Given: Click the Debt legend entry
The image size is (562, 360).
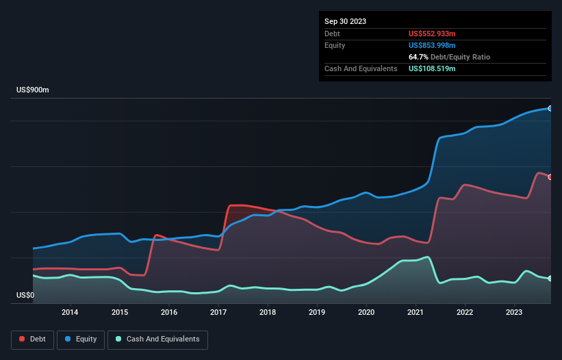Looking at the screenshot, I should pos(32,339).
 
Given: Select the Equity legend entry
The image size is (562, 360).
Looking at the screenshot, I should pos(81,339).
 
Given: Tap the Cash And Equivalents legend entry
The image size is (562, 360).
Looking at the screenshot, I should pos(157,339).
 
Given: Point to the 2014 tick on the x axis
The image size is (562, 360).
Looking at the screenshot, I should pos(70,313).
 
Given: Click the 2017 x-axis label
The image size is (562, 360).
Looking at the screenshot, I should pos(218,313).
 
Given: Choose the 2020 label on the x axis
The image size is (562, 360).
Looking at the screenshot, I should pos(366,313).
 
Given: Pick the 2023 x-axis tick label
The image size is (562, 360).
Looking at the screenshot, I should pos(514,313).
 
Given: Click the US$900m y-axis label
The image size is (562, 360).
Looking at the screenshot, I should pos(33,90).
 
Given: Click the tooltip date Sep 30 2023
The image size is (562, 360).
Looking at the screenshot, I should pos(345,21).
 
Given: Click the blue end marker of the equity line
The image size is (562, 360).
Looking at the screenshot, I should pos(550,108).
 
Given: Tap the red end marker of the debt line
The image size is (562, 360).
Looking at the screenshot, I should pos(550,177).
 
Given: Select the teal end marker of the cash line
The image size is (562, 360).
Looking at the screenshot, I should pos(550,279).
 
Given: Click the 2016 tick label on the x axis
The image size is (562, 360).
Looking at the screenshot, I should pos(169,313).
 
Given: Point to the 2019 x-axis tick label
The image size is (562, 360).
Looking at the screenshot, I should pos(317,313).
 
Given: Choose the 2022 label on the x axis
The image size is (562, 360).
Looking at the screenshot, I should pos(465,313).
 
